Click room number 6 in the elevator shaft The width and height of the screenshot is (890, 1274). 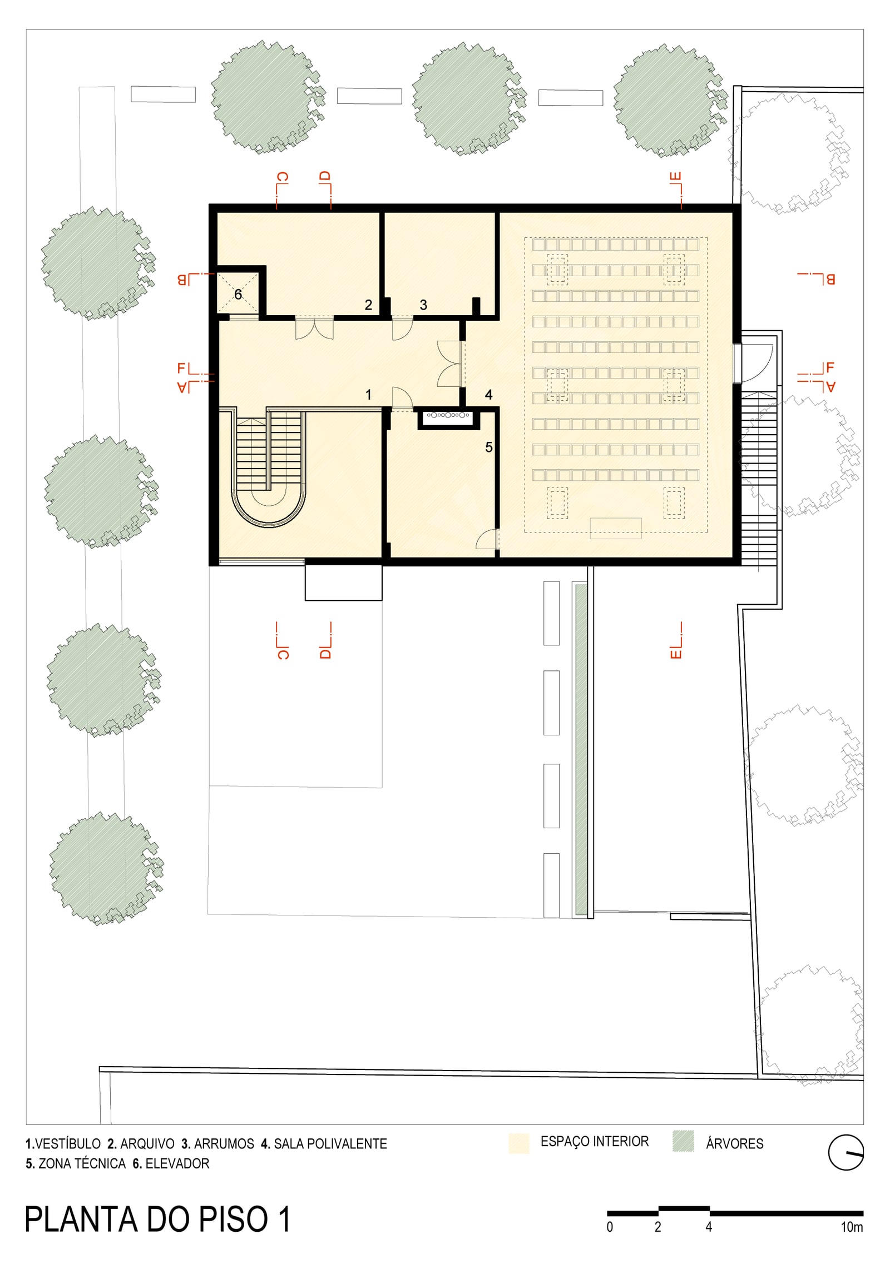pos(238,294)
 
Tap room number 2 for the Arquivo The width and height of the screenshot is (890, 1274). pos(368,305)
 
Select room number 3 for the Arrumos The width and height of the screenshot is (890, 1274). pos(423,305)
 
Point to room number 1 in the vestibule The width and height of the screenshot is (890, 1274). pos(368,395)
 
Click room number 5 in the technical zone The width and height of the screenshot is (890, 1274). pos(489,447)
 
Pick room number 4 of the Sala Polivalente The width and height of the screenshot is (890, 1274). pos(489,395)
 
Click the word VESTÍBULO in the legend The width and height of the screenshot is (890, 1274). pos(68,1143)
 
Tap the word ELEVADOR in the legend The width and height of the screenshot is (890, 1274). pos(177,1163)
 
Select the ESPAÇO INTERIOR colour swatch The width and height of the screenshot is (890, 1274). pos(518,1143)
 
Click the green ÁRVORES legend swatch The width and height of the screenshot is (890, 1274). pos(683,1141)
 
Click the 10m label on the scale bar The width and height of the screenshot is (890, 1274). pos(852,1227)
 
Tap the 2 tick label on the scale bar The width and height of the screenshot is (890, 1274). pos(658,1227)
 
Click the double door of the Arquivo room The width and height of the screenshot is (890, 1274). pos(314,328)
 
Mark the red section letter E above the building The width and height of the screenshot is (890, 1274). pos(676,177)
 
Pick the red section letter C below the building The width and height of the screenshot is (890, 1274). pos(283,653)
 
